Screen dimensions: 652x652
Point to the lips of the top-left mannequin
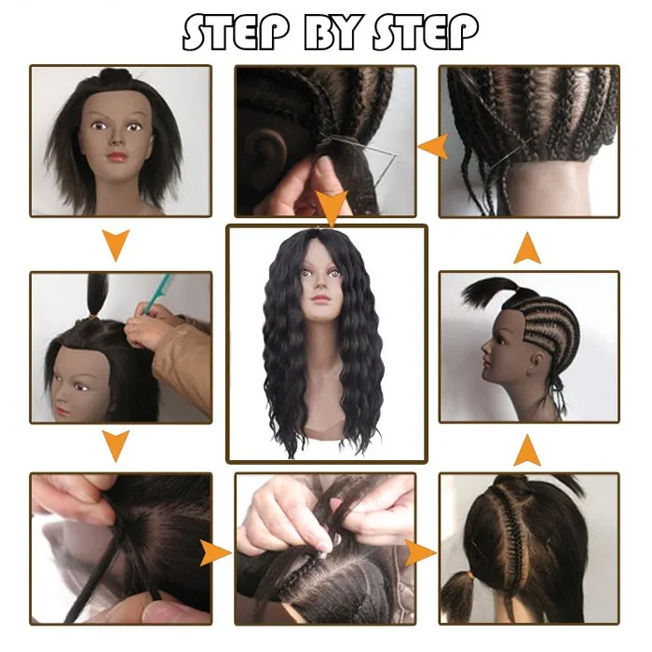119,156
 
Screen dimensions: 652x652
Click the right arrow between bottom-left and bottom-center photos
218,553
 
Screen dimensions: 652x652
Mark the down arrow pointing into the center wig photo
327,205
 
